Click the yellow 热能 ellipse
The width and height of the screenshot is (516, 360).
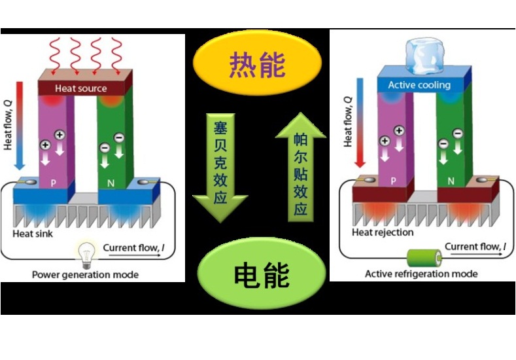click(257, 63)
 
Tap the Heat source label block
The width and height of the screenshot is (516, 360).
click(81, 88)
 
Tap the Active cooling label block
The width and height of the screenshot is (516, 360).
click(419, 85)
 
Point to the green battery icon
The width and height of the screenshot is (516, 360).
click(420, 256)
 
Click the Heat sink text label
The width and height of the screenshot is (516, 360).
click(33, 234)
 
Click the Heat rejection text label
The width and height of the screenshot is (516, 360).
click(383, 232)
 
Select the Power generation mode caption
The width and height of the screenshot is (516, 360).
click(85, 275)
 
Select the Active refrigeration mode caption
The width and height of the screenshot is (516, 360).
click(421, 274)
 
